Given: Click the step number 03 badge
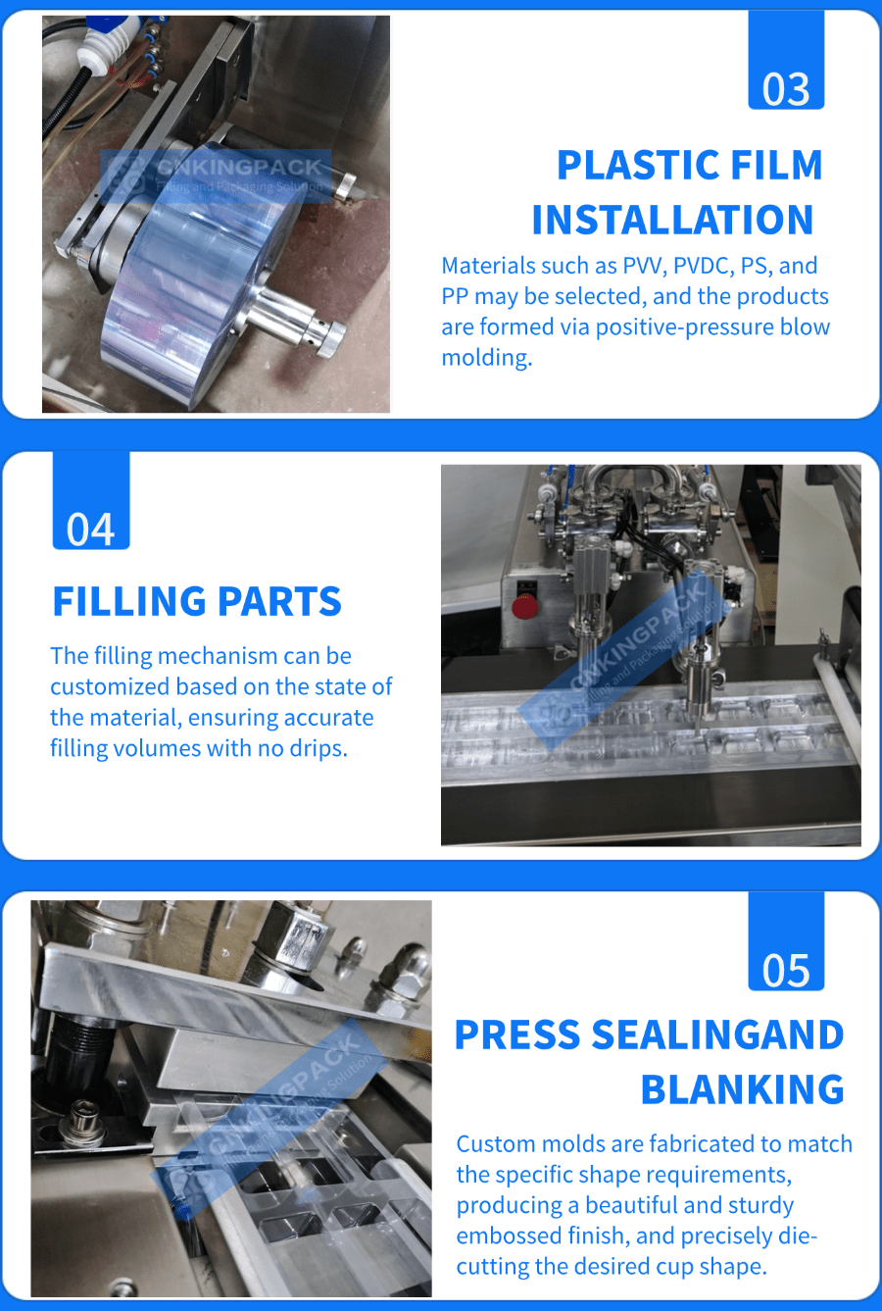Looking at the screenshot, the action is pos(786,60).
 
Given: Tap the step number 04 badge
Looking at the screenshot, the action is pos(91,500).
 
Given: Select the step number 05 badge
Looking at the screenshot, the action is pos(786,941).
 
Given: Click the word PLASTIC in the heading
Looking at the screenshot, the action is pos(639,165).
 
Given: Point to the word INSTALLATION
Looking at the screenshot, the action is pos(672,220).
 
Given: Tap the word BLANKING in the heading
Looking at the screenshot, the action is pos(742,1089).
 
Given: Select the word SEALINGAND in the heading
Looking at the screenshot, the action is pos(717,1034).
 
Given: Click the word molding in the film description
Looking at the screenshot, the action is pos(487,358).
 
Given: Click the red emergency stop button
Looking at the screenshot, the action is pos(524,607).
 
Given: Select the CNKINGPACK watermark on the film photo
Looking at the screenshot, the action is pos(216,176).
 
